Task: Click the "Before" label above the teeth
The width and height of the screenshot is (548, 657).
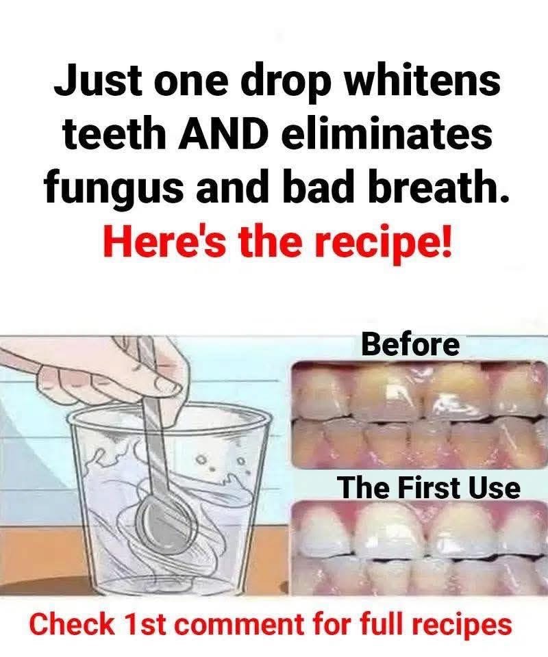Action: coord(410,344)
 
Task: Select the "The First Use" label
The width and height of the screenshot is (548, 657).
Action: coord(429,488)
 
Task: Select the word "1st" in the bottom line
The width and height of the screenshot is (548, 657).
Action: coord(147,625)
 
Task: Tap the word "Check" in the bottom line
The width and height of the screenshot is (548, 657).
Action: coord(73,625)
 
